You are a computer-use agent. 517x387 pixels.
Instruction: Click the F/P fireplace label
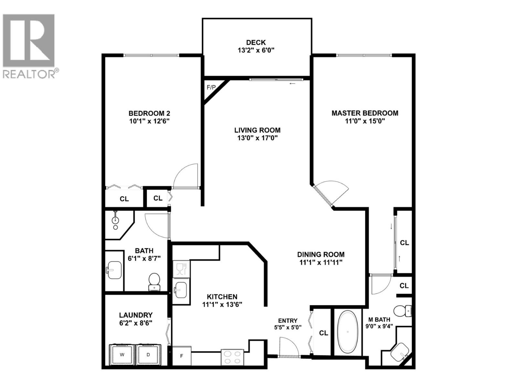click(211, 87)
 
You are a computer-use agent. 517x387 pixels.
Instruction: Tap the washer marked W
click(122, 355)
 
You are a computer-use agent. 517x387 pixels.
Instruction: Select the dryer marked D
click(148, 355)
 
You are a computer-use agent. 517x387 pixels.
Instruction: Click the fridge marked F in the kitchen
click(182, 356)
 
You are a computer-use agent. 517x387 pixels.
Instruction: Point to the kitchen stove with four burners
click(232, 357)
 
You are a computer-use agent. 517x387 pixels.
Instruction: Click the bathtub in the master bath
click(347, 332)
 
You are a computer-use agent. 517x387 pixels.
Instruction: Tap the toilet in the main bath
click(154, 281)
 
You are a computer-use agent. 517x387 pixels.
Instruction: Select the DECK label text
click(256, 42)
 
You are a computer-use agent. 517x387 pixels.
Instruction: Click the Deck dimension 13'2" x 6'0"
click(256, 50)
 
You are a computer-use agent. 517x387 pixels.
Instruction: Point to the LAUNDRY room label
click(136, 315)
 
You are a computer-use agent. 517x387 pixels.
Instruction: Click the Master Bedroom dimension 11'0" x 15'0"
click(365, 121)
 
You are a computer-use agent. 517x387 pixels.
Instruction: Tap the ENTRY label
click(288, 321)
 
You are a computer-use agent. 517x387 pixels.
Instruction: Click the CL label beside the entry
click(323, 333)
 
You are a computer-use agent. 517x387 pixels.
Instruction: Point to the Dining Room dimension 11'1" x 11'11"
click(321, 263)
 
